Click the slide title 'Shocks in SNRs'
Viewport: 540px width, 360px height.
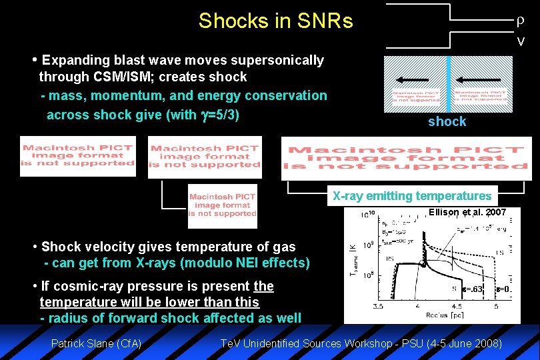pyautogui.click(x=275, y=21)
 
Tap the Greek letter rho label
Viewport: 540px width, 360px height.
pyautogui.click(x=520, y=21)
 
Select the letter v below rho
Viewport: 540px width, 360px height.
pyautogui.click(x=521, y=41)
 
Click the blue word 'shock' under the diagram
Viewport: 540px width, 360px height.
pyautogui.click(x=447, y=121)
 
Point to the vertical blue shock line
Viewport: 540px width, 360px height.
pyautogui.click(x=449, y=83)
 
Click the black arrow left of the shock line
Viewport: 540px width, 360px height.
pyautogui.click(x=417, y=77)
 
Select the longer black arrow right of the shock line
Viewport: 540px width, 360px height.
pyautogui.click(x=481, y=77)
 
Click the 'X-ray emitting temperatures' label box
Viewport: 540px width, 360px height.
pyautogui.click(x=412, y=196)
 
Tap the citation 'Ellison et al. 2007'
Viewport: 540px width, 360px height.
pyautogui.click(x=467, y=212)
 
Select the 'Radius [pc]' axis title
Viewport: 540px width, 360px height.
pyautogui.click(x=437, y=315)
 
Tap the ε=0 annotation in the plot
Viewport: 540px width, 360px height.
pyautogui.click(x=504, y=289)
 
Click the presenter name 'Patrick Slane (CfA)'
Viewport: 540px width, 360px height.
pyautogui.click(x=96, y=343)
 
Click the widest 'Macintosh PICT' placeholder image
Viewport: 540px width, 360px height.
pyautogui.click(x=406, y=158)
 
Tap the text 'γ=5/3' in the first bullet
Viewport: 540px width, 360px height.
pyautogui.click(x=219, y=115)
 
